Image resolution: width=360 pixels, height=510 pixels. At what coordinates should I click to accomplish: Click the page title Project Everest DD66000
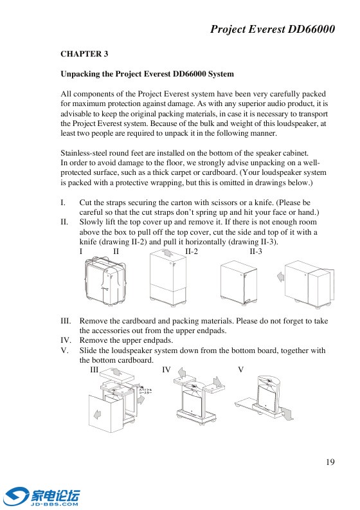pos(273,30)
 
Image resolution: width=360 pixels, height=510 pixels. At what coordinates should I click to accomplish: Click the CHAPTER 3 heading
pos(84,54)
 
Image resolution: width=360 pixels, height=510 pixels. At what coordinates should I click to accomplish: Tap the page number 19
pos(330,462)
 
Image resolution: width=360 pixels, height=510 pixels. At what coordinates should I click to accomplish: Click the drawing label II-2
pos(192,251)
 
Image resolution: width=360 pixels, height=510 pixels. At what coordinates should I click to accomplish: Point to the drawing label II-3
pos(256,251)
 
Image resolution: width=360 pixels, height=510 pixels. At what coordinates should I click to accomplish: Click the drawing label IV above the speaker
pos(166,370)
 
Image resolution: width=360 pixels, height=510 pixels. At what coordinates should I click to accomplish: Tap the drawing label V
pos(240,370)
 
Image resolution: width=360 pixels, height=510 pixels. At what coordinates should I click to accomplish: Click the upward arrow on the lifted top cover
pos(167,253)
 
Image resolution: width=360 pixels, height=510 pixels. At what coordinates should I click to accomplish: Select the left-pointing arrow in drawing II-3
pos(281,277)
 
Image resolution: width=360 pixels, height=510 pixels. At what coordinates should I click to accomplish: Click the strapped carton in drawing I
pos(105,282)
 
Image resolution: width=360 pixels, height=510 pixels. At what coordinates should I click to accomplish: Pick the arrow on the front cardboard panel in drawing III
pos(97,414)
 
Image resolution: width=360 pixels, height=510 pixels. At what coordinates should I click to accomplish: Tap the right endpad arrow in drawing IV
pos(217,381)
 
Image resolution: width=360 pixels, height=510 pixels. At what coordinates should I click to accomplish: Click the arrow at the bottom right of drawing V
pos(287,413)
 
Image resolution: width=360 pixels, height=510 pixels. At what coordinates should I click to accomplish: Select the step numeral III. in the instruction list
pos(66,321)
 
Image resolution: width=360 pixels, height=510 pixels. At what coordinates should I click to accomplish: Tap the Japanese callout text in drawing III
pos(145,391)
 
